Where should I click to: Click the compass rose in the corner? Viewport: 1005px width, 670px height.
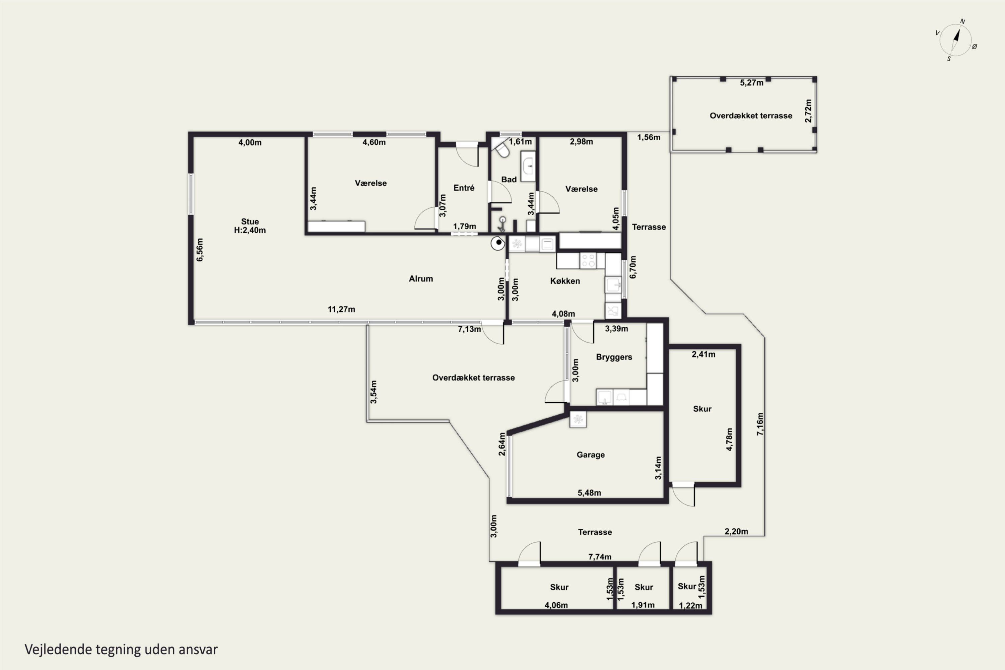coord(956,40)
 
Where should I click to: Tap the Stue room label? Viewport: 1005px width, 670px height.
coord(250,221)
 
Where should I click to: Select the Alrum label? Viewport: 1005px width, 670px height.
coord(421,279)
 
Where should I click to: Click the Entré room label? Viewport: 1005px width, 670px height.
coord(464,188)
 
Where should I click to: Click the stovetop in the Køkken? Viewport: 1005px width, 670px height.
coord(588,261)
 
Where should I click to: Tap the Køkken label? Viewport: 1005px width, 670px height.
coord(565,281)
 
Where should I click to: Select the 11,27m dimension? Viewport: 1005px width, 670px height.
coord(341,309)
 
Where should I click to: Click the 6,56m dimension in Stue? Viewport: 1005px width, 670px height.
coord(200,250)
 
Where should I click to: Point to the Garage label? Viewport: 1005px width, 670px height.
coord(591,455)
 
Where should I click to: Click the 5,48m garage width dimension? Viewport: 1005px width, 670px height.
coord(589,493)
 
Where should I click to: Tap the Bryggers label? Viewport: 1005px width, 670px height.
coord(614,357)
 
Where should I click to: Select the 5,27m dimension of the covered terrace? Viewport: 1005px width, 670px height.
coord(752,83)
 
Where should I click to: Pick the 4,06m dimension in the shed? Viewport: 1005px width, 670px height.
coord(556,605)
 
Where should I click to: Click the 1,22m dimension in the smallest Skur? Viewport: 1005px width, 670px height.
coord(690,605)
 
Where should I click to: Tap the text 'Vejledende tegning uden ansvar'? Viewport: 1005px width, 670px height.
coord(121,650)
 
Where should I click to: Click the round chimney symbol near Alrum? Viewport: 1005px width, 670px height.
coord(498,243)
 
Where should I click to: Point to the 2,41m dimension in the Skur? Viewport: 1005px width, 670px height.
coord(703,354)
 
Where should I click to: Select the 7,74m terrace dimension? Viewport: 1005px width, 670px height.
coord(600,557)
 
